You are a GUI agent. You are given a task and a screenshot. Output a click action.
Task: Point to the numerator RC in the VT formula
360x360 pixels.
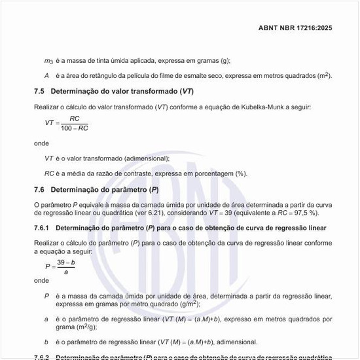[x=75, y=118]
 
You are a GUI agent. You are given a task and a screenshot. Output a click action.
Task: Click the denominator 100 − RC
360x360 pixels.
[x=75, y=128]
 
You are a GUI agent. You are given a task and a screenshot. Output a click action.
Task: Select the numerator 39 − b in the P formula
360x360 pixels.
[x=65, y=262]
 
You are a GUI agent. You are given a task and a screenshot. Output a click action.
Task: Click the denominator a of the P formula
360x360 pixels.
[x=65, y=271]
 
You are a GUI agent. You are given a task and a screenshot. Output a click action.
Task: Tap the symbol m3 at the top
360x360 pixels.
[x=48, y=61]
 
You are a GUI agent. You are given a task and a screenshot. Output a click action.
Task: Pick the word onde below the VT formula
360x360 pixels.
[x=41, y=142]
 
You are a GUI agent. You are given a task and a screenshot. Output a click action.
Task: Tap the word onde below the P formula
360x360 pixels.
[x=41, y=280]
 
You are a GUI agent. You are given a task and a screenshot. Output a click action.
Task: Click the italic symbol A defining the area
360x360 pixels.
[x=46, y=75]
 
